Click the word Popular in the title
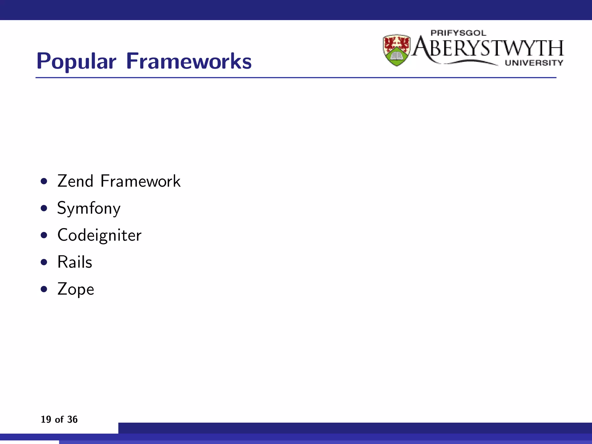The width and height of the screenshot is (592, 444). point(76,62)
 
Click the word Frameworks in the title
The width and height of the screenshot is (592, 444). point(189,61)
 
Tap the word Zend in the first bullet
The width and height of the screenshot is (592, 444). point(75,181)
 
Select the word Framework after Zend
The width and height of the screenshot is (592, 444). point(140,181)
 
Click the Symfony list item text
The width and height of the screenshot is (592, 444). point(89,208)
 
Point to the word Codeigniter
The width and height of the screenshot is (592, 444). point(99,235)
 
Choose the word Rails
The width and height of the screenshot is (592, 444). point(75,262)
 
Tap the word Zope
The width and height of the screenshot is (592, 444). point(76,289)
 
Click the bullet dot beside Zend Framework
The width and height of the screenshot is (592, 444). point(44,182)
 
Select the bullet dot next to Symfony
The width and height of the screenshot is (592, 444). point(44,208)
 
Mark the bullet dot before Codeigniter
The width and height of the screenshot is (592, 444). point(44,235)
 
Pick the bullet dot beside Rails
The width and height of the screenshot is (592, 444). point(44,262)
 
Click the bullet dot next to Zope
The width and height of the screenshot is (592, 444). point(44,289)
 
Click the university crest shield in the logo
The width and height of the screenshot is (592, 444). point(397,50)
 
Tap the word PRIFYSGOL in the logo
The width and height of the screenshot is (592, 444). point(458,33)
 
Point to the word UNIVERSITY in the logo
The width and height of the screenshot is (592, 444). point(534,63)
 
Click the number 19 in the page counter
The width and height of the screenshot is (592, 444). point(46,419)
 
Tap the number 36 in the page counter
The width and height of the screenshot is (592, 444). point(72,419)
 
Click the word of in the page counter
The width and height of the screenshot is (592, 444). point(59,419)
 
